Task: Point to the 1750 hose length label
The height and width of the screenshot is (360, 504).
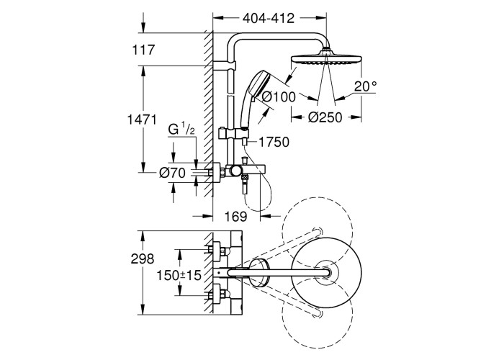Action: (274, 142)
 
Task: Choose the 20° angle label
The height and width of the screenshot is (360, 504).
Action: (365, 86)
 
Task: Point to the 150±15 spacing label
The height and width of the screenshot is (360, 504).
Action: (180, 274)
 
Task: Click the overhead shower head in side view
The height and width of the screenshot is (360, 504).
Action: (328, 58)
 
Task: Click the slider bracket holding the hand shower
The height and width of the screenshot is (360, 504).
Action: (235, 132)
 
